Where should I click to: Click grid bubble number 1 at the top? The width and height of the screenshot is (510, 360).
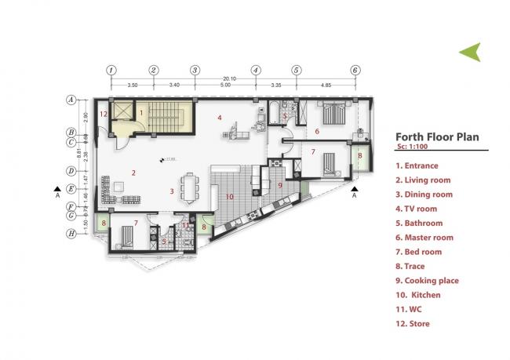click(111, 69)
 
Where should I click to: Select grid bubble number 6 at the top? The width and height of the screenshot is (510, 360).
click(355, 69)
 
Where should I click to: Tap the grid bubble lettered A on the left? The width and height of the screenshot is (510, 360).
click(71, 100)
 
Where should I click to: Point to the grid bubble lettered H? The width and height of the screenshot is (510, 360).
click(71, 233)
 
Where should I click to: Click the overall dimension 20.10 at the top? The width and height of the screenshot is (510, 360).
click(230, 78)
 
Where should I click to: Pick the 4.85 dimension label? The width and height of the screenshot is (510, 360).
click(325, 84)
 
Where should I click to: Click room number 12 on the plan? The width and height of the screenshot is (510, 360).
click(103, 115)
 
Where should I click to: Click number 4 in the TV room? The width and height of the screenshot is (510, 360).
click(220, 118)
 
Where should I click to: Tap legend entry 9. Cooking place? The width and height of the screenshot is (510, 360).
click(428, 280)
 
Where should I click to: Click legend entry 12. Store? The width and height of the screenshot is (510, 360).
click(413, 323)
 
